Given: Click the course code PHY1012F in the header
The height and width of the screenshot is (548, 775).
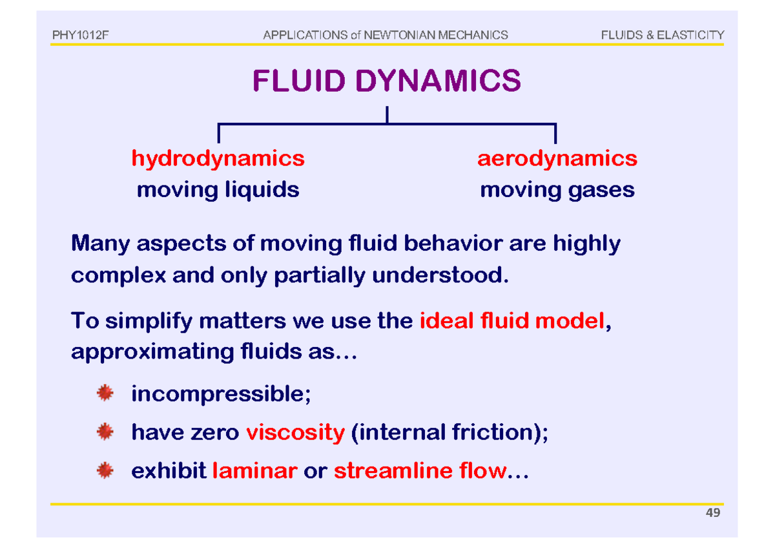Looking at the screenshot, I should [79, 35].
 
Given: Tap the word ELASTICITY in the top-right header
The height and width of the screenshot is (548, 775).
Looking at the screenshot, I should [690, 35].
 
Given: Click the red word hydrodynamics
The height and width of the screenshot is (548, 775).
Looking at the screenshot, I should [218, 158].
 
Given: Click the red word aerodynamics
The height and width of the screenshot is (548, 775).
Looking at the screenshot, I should [557, 158].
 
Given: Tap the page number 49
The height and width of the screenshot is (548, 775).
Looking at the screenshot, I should [713, 513].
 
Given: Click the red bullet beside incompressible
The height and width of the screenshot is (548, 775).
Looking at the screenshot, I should [104, 392].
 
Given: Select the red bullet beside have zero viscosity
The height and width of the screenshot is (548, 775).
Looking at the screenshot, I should [104, 431].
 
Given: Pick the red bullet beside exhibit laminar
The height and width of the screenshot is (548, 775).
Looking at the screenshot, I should [104, 470].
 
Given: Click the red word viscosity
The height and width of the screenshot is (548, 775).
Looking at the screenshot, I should [295, 432].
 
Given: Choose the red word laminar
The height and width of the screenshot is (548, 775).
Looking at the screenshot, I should [254, 471].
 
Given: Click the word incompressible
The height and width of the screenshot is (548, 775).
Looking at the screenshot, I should [220, 394].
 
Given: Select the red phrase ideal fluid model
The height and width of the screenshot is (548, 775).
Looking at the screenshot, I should [513, 321].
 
